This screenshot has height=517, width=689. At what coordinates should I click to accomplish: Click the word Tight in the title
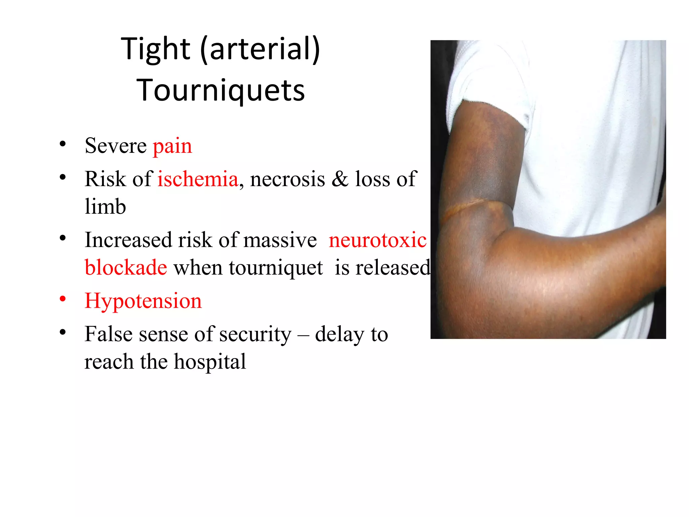155,49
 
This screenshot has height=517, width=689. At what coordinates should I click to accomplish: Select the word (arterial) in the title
260,49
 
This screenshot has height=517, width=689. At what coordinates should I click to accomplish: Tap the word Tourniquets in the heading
221,90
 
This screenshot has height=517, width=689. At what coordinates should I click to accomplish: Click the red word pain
172,146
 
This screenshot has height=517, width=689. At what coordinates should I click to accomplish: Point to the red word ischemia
198,179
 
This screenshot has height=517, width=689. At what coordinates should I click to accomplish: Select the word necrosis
288,179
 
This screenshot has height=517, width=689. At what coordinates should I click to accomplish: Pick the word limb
105,206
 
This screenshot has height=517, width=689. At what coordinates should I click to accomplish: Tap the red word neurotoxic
377,240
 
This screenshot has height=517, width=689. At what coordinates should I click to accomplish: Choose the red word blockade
126,268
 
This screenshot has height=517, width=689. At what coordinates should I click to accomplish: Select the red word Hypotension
143,301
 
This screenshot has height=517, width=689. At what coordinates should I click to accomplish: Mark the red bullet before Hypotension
63,299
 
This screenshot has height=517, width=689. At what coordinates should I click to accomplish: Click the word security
255,334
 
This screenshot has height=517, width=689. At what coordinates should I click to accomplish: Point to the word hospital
210,362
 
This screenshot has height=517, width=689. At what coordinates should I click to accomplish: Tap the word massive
280,240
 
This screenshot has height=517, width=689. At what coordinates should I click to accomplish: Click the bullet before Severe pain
63,144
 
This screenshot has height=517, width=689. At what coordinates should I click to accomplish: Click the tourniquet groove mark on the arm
464,209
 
